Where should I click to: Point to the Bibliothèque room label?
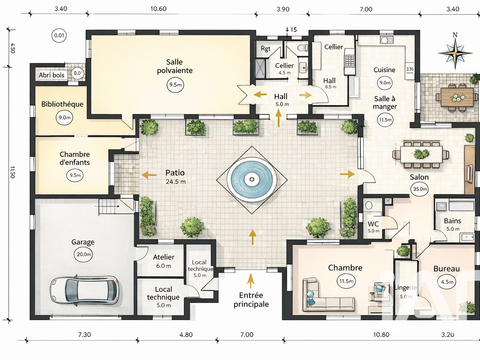(63, 104)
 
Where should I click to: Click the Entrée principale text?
(250, 298)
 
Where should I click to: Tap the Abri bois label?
(52, 74)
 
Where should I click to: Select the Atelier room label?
(164, 256)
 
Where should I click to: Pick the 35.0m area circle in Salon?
(419, 188)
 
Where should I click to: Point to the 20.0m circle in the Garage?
(83, 255)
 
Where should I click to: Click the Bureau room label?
(446, 269)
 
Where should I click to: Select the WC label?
(373, 223)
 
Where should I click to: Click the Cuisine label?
(385, 70)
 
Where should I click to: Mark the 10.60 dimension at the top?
(157, 8)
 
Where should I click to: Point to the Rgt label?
(265, 48)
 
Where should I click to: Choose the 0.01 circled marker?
(60, 35)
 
